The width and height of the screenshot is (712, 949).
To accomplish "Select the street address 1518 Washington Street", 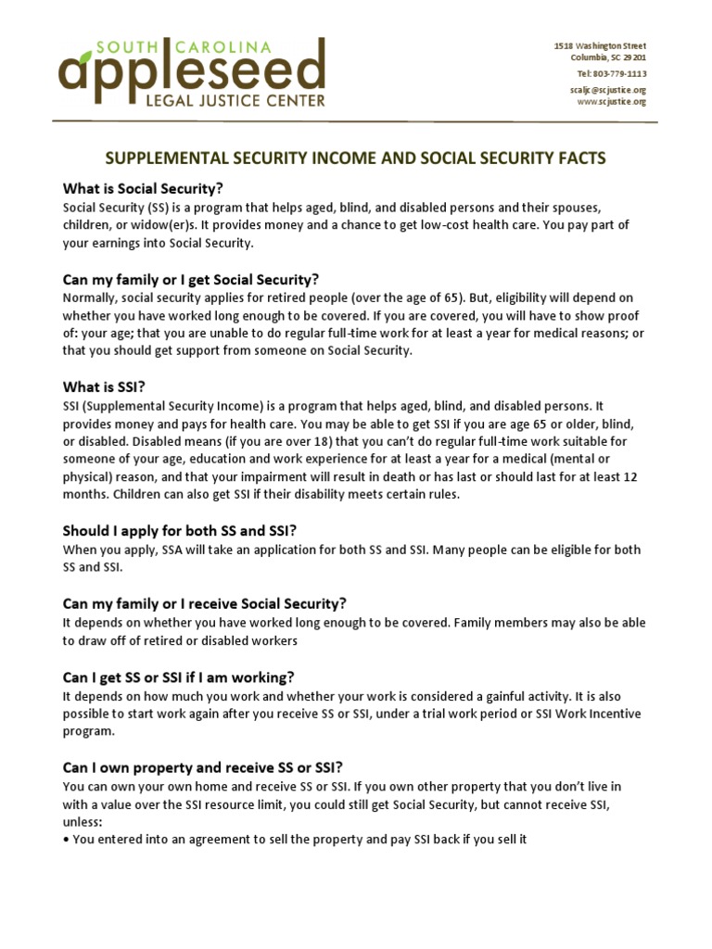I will tap(600, 45).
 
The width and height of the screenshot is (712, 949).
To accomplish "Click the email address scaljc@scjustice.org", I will tap(607, 90).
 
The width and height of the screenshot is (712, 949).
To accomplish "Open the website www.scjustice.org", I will tap(611, 102).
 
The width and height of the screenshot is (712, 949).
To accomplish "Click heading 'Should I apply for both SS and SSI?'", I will tap(179, 531).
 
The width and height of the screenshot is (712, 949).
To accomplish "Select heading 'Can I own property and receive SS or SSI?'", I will tap(202, 767).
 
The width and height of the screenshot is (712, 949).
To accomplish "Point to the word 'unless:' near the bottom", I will tap(82, 822).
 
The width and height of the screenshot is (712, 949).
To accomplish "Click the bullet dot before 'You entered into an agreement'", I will tap(66, 841).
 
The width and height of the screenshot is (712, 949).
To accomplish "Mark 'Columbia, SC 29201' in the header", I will tap(607, 57).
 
